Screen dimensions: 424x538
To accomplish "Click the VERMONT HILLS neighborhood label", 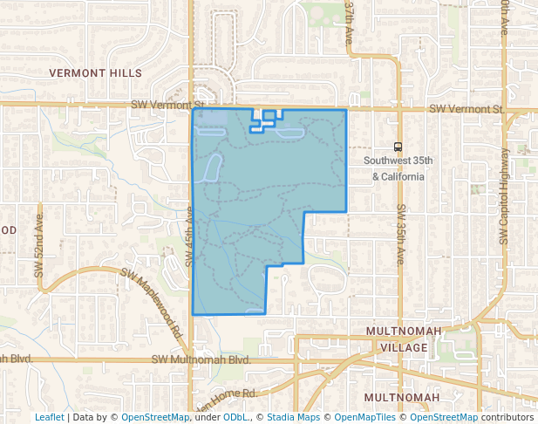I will [x=95, y=72].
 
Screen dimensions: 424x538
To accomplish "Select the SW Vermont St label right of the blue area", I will [x=467, y=110].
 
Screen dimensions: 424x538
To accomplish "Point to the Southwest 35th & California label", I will [x=398, y=168].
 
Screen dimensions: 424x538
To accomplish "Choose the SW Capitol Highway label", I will [x=504, y=196].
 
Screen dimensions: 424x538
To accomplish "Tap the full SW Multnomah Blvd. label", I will [x=201, y=359].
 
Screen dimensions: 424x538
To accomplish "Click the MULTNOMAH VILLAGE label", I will [x=398, y=340].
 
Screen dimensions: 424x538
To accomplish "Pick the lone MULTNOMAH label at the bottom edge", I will [x=402, y=398].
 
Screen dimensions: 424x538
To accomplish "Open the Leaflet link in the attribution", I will [x=49, y=417].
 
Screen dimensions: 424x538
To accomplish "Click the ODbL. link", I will [x=235, y=417].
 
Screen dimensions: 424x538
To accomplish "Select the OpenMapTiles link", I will [x=364, y=417].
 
